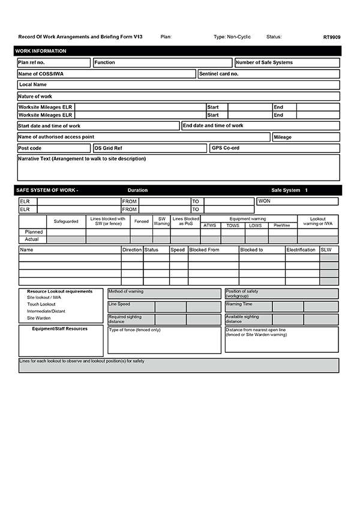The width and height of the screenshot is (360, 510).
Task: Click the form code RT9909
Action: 332,37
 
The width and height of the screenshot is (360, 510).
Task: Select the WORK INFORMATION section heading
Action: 41,51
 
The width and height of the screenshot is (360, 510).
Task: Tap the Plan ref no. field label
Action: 32,62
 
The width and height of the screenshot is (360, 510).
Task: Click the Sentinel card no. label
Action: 219,74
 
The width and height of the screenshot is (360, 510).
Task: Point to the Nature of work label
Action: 35,96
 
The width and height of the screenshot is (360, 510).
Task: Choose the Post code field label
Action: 30,148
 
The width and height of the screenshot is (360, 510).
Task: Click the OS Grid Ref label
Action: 109,148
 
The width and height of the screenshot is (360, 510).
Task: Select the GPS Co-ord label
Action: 226,148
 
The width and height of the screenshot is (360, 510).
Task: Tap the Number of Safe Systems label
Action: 265,62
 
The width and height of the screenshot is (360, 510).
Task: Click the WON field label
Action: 265,201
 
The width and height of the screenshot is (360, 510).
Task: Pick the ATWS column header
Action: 210,226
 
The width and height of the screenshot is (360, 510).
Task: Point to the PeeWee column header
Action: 282,226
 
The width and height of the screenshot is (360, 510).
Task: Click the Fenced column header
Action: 141,221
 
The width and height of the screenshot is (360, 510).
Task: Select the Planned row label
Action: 34,232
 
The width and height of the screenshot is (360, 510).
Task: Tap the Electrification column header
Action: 301,250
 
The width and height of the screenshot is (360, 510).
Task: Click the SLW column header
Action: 326,250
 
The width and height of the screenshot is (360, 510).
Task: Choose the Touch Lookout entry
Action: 41,304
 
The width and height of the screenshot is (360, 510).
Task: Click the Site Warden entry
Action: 39,318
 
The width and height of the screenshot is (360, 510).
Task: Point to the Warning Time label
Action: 239,304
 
